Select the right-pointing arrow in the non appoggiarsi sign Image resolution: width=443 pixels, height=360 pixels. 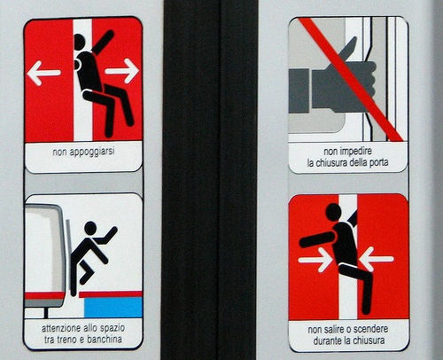coord(123,70)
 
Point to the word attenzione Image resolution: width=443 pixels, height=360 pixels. coord(63,329)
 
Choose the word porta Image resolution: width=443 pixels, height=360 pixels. coord(377,163)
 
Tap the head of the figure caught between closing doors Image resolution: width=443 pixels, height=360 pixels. coord(332,212)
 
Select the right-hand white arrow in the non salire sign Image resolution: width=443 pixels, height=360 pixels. coord(376,259)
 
